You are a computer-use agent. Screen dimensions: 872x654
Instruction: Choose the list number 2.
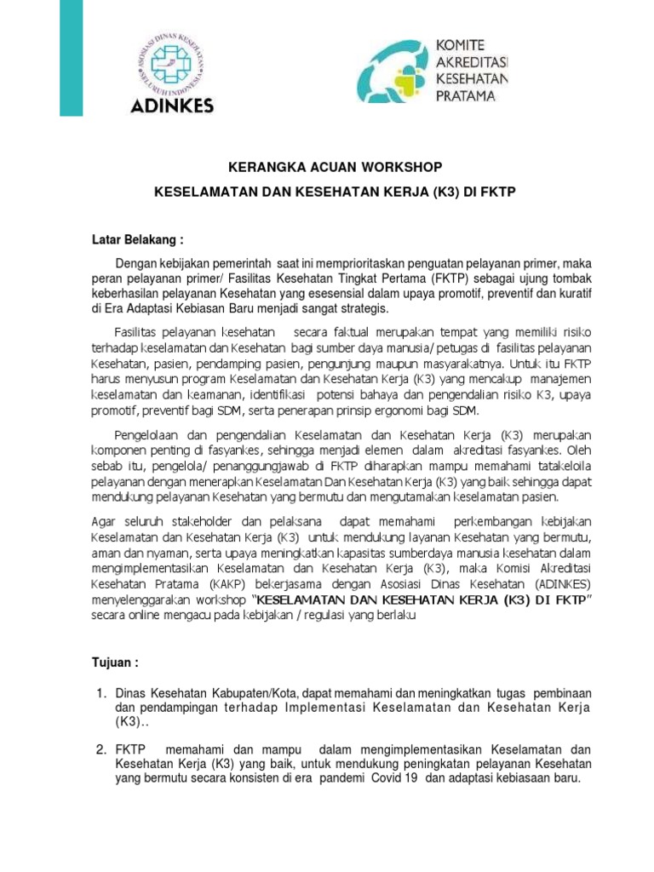[x=99, y=749]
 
